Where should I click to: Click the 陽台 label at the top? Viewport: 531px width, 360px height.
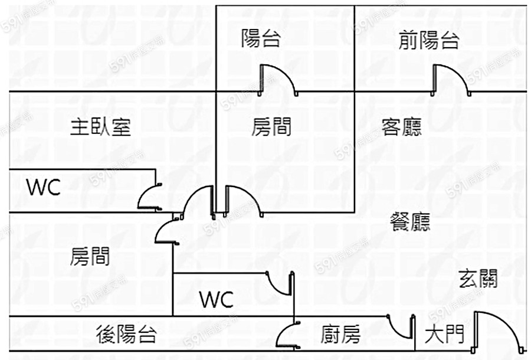point(261,40)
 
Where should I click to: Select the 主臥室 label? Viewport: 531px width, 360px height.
point(100,127)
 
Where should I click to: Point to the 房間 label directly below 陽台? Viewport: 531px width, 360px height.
point(271,127)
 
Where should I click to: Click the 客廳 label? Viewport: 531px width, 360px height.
point(402,127)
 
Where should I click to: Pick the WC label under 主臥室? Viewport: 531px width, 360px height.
point(44,187)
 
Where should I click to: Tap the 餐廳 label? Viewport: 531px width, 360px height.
point(410,222)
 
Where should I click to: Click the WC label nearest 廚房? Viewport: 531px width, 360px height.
point(217,299)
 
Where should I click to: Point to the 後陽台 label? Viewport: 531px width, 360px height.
point(126,335)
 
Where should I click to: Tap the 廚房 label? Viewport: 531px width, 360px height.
point(340,335)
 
